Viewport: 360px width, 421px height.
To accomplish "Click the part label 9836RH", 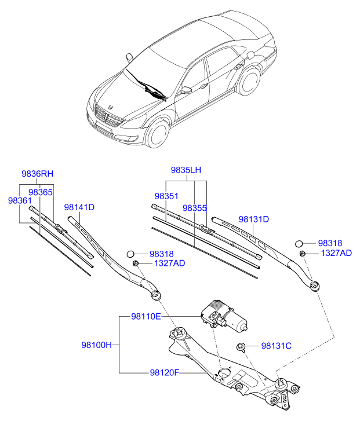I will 37,173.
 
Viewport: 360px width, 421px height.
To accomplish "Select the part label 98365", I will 41,192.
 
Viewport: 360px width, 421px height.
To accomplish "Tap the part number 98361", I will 20,200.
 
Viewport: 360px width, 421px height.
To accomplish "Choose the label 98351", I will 166,196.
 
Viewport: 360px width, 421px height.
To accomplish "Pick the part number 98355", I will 195,207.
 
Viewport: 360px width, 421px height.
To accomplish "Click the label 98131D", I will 254,219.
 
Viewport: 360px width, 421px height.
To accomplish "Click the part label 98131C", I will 276,346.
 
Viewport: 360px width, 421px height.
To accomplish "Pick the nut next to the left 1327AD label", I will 135,263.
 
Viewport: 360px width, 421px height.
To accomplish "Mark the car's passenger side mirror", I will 186,90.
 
